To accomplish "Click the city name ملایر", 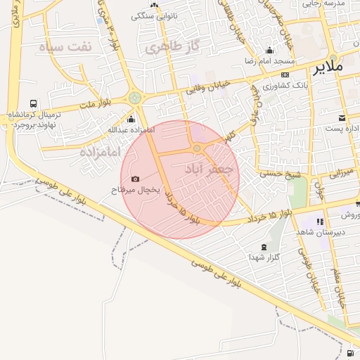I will click(x=326, y=67).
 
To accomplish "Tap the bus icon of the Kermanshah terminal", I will click(x=34, y=103).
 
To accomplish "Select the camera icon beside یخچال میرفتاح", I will click(x=135, y=179).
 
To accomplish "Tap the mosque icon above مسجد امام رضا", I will click(x=270, y=51).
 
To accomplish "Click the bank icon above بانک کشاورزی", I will click(x=285, y=74).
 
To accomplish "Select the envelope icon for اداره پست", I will click(x=342, y=117).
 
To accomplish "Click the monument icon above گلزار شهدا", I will click(x=264, y=247).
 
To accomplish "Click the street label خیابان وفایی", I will click(x=207, y=87).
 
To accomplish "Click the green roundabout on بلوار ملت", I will click(x=134, y=98).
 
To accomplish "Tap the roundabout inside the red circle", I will click(x=197, y=148).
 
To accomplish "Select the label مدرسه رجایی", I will click(x=323, y=4).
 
